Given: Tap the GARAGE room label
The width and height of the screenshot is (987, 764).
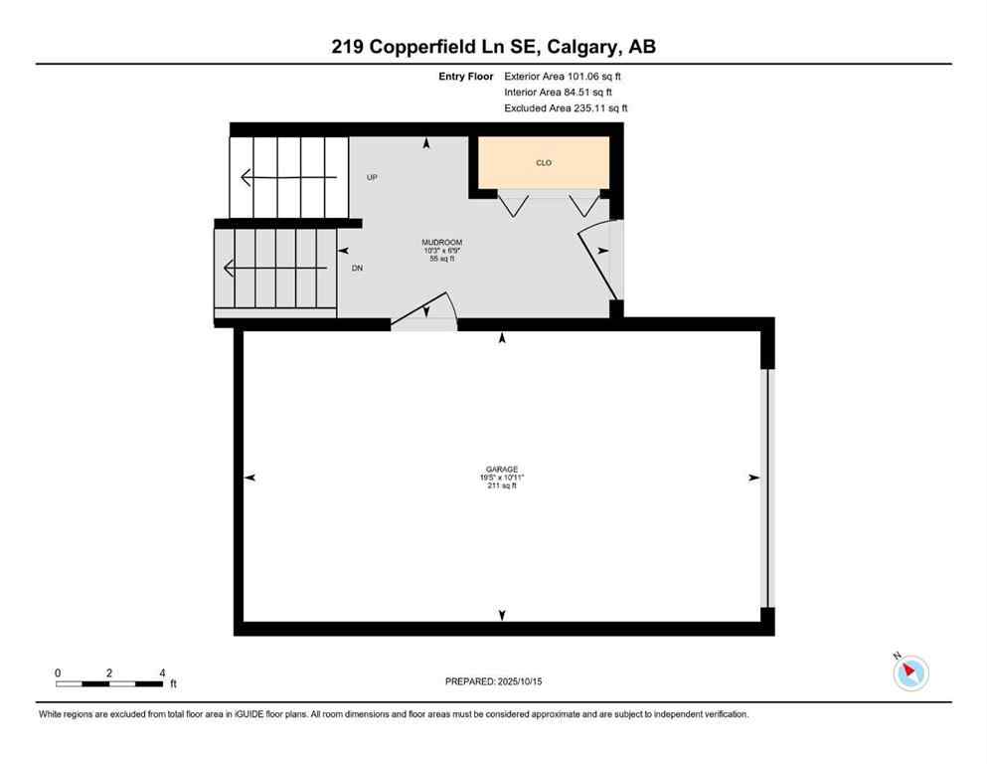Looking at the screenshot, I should click(501, 470).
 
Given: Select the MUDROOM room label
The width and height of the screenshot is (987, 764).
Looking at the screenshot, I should click(441, 243).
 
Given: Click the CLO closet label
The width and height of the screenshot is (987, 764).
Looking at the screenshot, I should click(544, 162).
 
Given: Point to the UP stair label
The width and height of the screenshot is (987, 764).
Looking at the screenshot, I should click(372, 178).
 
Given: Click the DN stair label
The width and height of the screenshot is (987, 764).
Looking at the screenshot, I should click(357, 269).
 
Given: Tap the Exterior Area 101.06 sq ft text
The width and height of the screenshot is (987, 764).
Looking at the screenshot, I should click(564, 76).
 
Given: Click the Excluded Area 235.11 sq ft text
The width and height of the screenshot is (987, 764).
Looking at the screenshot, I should click(566, 108).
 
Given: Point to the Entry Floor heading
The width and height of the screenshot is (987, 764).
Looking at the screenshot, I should click(466, 76).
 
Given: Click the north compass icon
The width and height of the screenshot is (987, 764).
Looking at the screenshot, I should click(910, 672).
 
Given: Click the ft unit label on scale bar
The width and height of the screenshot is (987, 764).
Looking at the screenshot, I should click(173, 684).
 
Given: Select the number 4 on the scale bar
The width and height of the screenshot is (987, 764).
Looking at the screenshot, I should click(162, 672).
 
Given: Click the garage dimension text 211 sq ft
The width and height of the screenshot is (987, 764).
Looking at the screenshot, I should click(501, 485).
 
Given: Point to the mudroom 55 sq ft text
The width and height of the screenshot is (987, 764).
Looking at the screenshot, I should click(441, 259).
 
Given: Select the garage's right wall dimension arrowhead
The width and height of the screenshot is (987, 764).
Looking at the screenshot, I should click(752, 477).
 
